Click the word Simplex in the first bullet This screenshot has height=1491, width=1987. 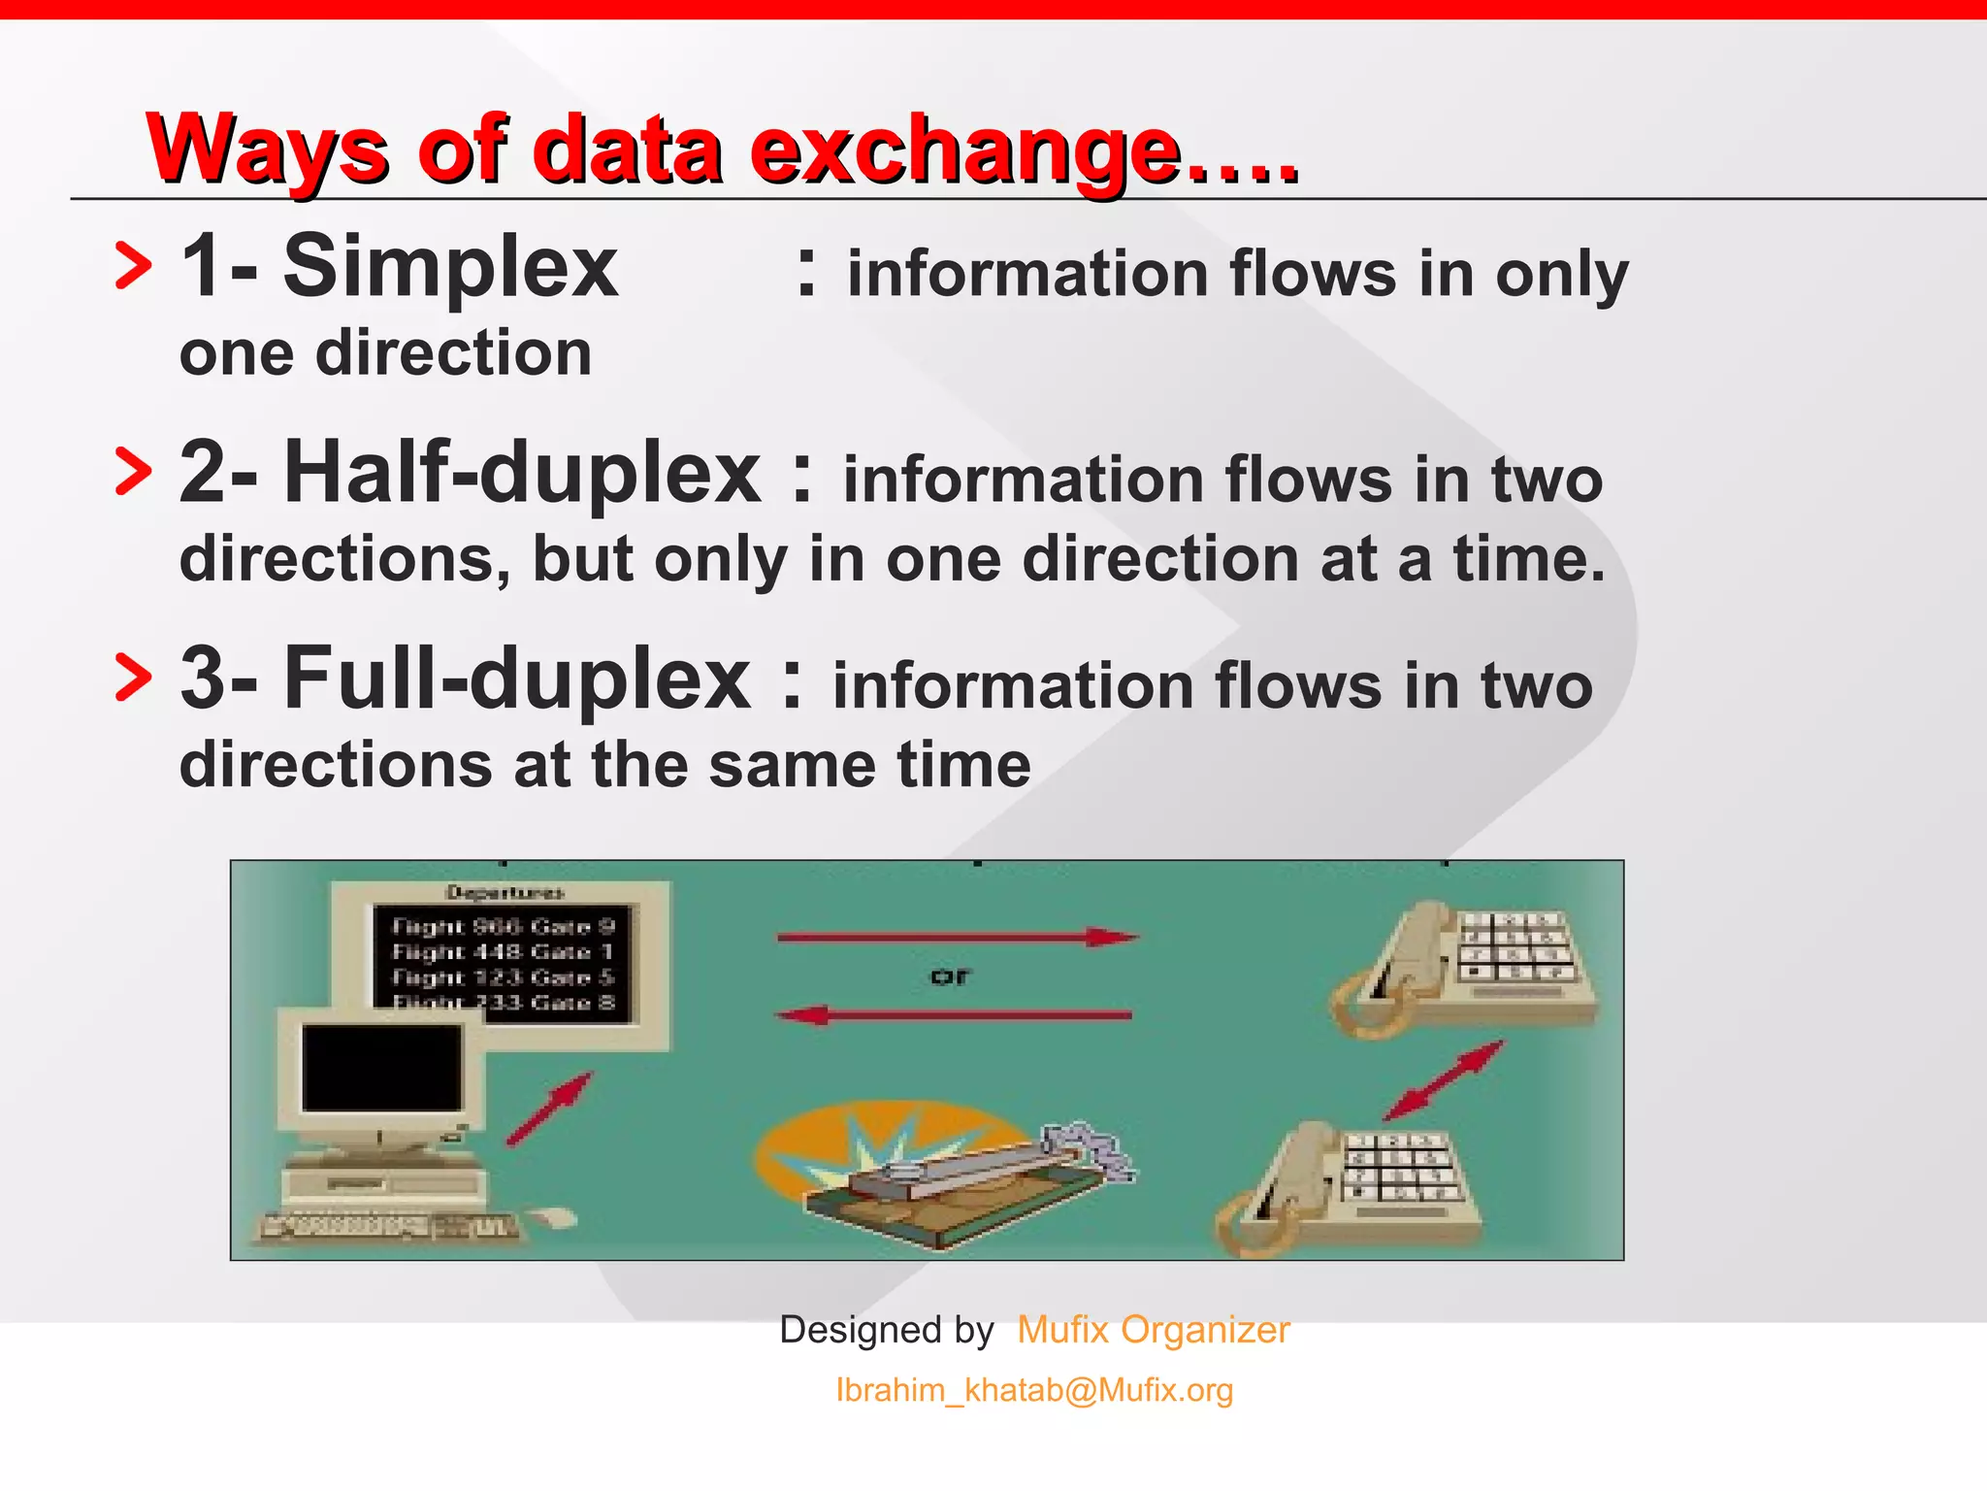point(449,268)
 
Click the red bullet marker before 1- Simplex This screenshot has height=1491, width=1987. point(133,267)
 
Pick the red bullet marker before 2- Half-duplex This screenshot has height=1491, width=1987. point(133,473)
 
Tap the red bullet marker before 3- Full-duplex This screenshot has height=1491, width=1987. point(133,678)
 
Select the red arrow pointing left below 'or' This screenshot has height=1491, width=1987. point(954,1015)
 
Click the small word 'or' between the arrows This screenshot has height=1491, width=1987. point(949,977)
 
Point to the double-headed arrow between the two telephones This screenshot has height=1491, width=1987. point(1444,1080)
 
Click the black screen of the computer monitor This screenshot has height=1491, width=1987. point(381,1067)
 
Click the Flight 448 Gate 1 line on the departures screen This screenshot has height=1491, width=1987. point(502,952)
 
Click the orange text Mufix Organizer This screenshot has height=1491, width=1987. point(1153,1330)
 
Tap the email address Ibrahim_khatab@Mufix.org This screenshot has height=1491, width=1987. point(1034,1390)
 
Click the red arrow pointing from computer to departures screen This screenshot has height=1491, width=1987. point(549,1109)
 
